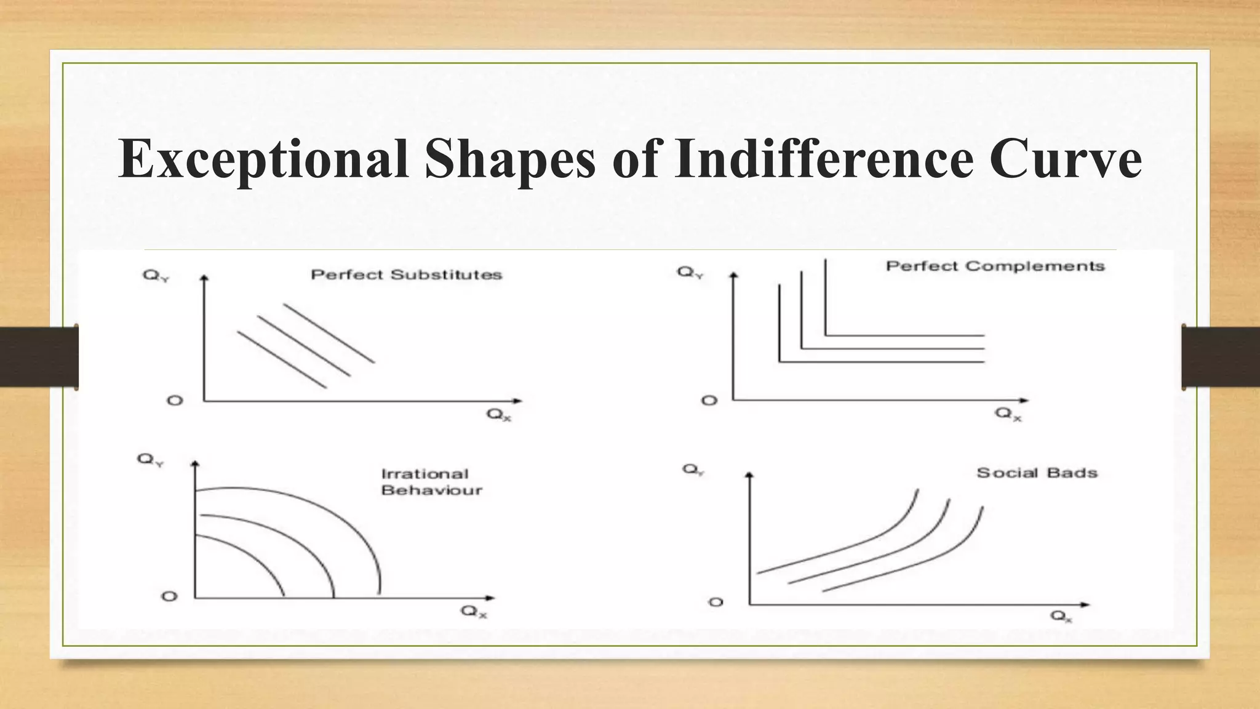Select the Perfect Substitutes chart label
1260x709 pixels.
coord(406,274)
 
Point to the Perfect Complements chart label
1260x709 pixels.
coord(995,266)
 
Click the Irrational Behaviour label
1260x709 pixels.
coord(431,482)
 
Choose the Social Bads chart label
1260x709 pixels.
coord(1037,473)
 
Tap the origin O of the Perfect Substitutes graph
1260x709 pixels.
coord(175,401)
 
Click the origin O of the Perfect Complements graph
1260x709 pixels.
coord(709,401)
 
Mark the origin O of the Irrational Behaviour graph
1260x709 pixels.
coord(169,596)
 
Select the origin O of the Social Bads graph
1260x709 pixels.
coord(716,602)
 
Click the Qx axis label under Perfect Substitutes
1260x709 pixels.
coord(498,414)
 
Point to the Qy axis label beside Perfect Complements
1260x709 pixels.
coord(690,272)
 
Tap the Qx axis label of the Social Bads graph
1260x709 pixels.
coord(1061,615)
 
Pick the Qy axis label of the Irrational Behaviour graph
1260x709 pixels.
coord(150,459)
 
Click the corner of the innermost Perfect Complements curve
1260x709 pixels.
coord(780,361)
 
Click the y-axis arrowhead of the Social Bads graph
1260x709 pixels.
coord(749,475)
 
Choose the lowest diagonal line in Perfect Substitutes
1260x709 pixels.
coord(281,360)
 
